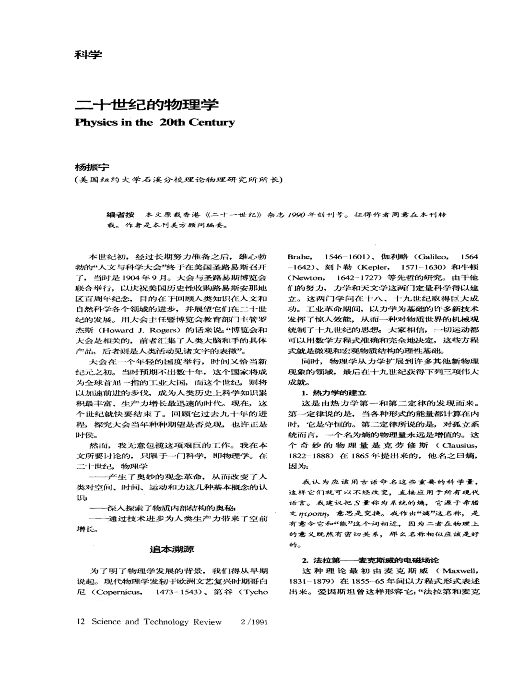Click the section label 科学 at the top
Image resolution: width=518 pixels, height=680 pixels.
88,55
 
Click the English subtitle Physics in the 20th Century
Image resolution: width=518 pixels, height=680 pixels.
155,122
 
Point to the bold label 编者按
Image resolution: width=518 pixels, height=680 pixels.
120,215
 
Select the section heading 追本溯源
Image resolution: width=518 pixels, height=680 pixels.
172,549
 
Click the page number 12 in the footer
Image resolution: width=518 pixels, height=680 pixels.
81,622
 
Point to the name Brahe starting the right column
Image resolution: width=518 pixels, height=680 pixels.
299,256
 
